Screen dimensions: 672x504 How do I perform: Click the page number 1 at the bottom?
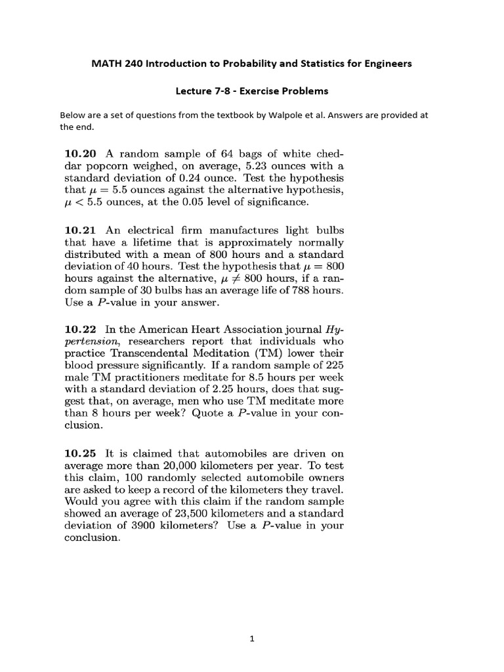(252, 643)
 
